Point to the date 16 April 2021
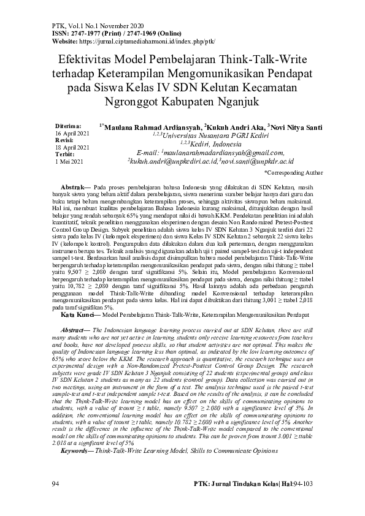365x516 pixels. tap(72, 133)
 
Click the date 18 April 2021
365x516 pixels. tap(72, 148)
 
